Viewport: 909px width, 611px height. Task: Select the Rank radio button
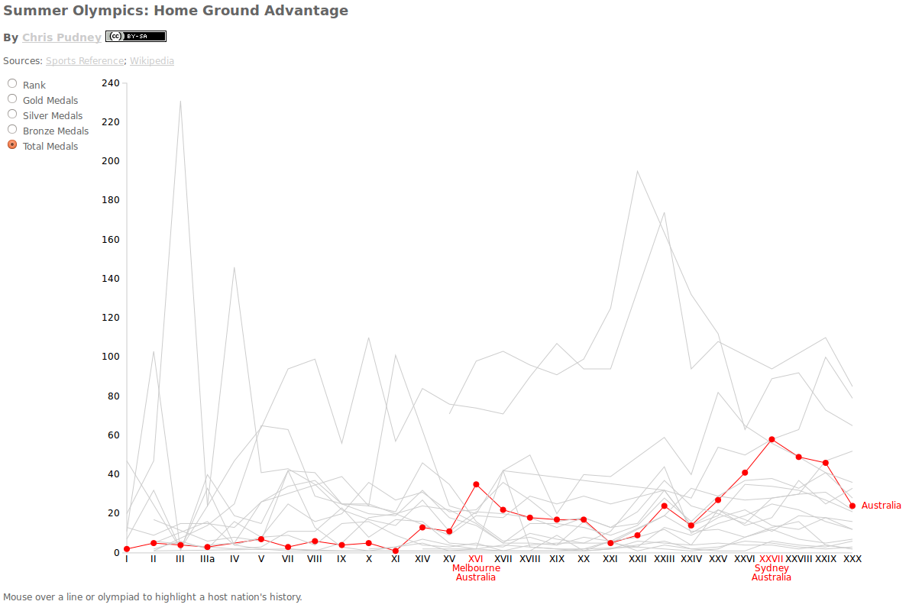[12, 83]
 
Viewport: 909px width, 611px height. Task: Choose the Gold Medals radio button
[12, 99]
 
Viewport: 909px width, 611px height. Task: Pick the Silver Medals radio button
[12, 114]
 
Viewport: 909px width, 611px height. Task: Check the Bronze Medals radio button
[12, 129]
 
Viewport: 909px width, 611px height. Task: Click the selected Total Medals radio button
[12, 144]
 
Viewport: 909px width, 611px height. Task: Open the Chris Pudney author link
[62, 37]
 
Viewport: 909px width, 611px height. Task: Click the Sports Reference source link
[84, 61]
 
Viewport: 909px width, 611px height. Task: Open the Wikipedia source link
[152, 61]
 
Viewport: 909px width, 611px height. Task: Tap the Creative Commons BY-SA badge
[135, 36]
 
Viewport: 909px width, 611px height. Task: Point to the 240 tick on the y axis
[111, 82]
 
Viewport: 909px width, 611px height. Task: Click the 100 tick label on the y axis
[111, 357]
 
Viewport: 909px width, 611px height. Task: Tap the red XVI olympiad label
[475, 559]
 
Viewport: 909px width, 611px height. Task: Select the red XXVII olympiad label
[772, 559]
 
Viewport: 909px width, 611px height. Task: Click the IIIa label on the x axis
[207, 559]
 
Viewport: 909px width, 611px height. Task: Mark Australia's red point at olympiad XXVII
[772, 439]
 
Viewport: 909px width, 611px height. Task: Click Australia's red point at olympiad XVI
[476, 484]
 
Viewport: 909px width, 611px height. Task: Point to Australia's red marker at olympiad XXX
[852, 506]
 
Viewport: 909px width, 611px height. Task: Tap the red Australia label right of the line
[882, 506]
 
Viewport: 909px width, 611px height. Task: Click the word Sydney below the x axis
[772, 568]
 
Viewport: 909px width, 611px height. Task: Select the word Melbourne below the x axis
[476, 568]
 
